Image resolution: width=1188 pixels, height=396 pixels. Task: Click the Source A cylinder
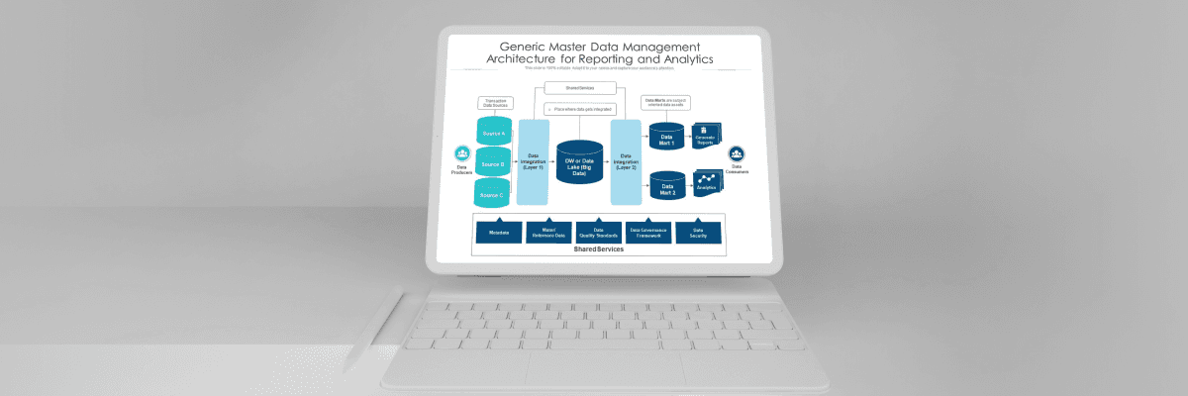493,133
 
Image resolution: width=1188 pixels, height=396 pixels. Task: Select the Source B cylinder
493,163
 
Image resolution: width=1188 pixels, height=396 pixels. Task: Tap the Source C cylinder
493,194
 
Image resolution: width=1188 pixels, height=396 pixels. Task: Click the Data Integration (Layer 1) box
533,161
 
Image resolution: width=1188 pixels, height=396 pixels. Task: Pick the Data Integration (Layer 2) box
626,161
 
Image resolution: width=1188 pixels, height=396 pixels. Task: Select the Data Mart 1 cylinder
666,138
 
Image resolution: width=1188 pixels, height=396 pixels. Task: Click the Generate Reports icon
706,136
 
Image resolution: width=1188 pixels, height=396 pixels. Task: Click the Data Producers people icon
462,154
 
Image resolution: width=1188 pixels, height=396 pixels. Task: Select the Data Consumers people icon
737,154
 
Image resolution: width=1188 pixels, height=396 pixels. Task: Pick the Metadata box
499,233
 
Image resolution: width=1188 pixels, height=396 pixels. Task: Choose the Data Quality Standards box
598,233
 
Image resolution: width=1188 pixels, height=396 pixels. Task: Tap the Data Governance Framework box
648,233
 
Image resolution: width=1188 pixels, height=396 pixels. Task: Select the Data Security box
698,233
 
